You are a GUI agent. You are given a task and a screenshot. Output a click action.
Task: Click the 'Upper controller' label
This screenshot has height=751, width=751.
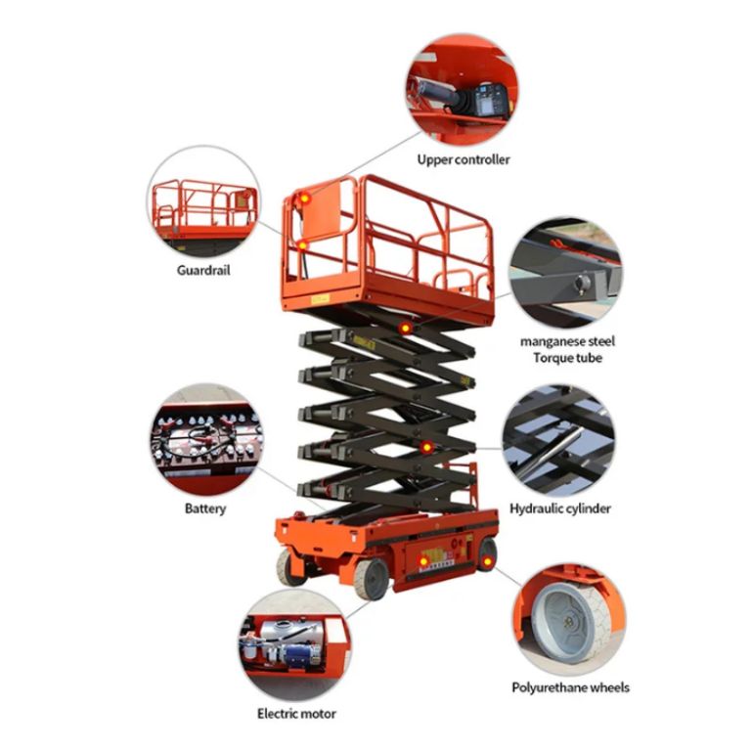click(x=463, y=159)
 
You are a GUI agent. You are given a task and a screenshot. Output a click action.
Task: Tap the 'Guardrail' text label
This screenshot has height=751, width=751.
click(x=203, y=270)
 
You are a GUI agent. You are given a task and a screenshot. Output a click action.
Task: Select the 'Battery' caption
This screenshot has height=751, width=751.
click(x=204, y=508)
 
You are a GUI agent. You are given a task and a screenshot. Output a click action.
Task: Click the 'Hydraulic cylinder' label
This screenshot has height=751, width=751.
click(x=560, y=508)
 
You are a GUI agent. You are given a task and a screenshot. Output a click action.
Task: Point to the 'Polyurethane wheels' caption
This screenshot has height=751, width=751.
click(x=570, y=687)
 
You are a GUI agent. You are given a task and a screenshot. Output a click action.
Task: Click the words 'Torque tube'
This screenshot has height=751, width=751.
click(x=567, y=358)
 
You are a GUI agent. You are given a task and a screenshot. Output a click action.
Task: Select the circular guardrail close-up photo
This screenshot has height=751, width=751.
click(x=204, y=201)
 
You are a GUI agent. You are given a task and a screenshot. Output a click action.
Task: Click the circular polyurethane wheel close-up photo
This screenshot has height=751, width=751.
click(x=569, y=618)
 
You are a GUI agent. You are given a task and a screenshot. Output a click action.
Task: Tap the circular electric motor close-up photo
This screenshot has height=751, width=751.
click(x=291, y=643)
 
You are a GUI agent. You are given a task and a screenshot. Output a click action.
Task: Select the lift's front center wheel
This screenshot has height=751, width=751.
click(x=371, y=578)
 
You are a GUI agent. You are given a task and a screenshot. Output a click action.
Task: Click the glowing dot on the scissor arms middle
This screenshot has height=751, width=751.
click(x=426, y=447)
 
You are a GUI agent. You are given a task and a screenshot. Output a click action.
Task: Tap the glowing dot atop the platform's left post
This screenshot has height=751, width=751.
click(x=304, y=199)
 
